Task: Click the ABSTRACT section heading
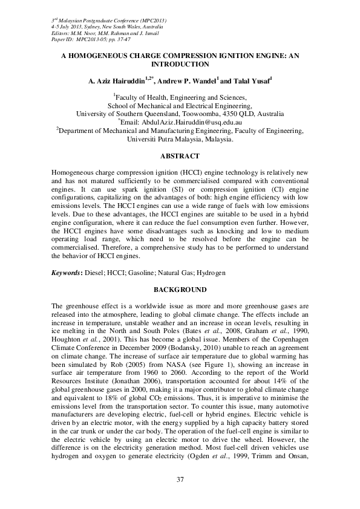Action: [x=180, y=156]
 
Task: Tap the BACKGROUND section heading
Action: [x=180, y=290]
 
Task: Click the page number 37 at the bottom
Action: [x=180, y=479]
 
